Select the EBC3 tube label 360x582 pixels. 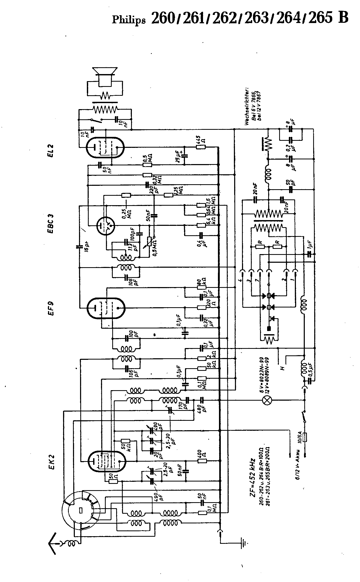[x=51, y=223]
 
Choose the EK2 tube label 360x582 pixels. [x=51, y=462]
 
